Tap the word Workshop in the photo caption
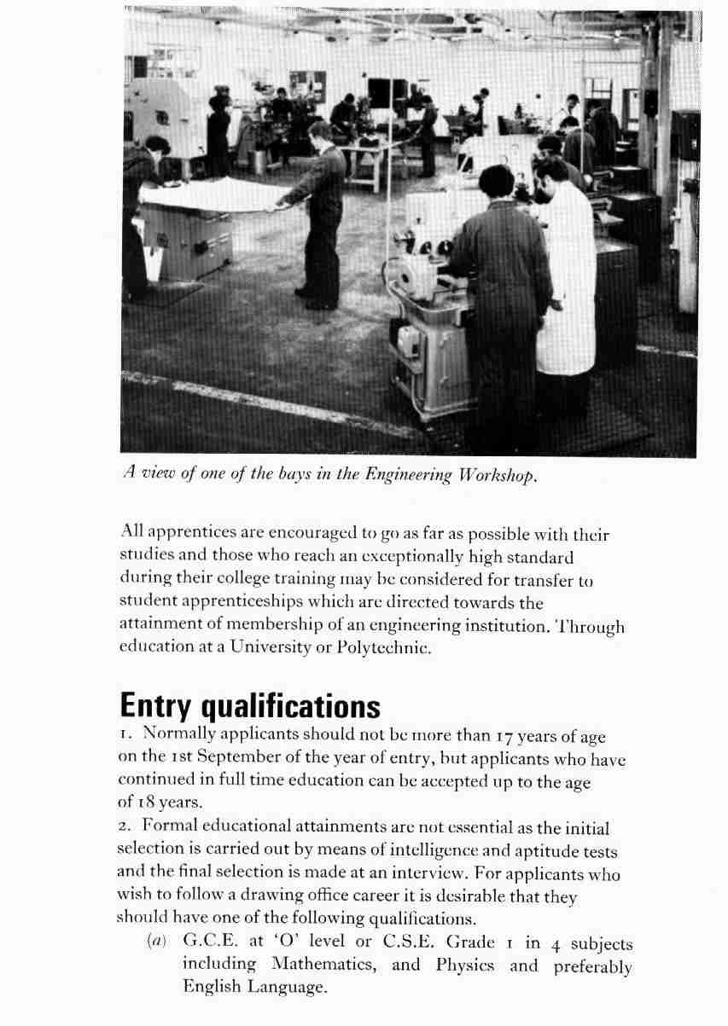coord(501,476)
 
